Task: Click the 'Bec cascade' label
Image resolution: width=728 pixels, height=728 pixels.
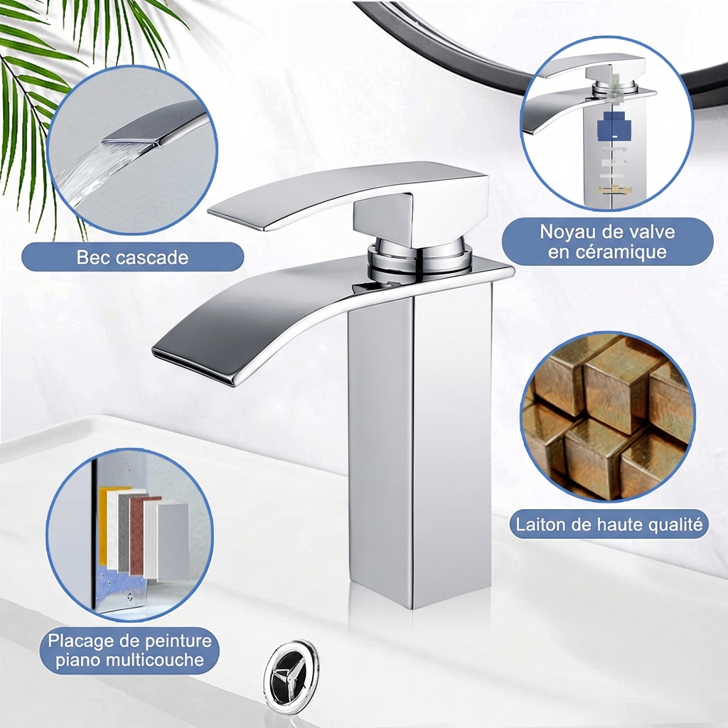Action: (x=132, y=257)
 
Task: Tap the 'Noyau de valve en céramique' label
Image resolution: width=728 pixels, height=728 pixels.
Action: (x=607, y=242)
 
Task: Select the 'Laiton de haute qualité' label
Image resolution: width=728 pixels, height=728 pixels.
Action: (x=609, y=525)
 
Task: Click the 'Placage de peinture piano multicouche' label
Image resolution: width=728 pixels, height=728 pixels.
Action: (x=130, y=650)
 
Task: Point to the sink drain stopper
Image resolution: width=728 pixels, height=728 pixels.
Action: (x=290, y=672)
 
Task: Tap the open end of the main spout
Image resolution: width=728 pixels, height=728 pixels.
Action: (x=192, y=366)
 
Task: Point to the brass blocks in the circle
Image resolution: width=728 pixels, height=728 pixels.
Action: (x=608, y=416)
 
